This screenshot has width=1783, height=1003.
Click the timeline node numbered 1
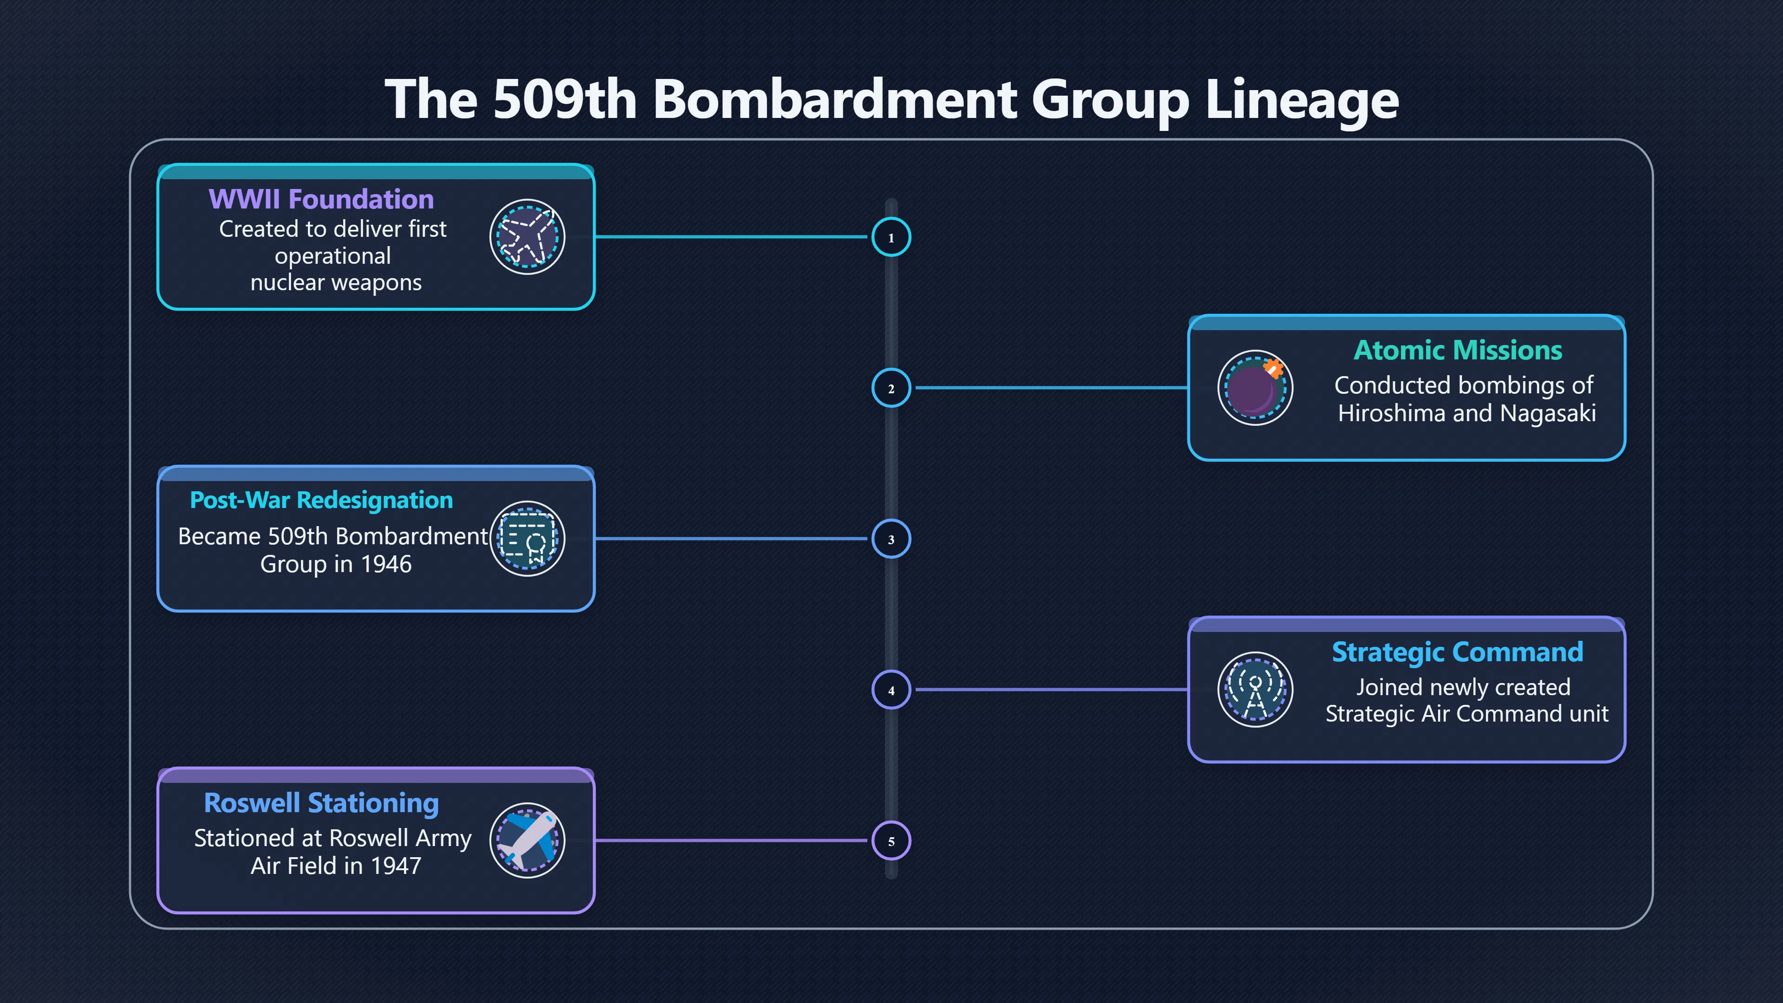891,237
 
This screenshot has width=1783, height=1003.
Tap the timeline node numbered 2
891,388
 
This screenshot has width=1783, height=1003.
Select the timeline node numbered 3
891,539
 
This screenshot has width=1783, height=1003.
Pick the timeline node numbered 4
891,690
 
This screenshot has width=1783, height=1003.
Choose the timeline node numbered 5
891,840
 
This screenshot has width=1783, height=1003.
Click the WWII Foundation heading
321,199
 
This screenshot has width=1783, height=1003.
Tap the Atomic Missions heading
1458,350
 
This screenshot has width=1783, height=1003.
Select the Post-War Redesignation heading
321,500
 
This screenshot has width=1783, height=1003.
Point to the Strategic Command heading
1458,652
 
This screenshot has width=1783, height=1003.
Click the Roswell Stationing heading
321,803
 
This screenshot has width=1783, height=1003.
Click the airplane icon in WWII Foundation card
527,237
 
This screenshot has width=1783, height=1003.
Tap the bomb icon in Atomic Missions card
1255,388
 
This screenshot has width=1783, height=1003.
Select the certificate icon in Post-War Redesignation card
527,539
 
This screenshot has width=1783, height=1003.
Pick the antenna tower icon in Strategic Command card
1255,690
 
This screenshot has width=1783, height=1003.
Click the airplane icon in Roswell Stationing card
527,840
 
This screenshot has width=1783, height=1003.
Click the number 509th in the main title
565,99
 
